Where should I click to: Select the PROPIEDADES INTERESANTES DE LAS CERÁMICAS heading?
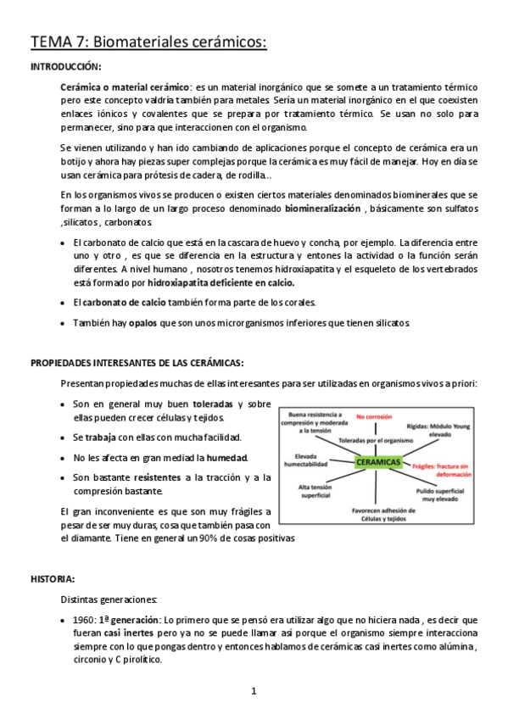click(x=137, y=362)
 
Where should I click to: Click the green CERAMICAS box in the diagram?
click(x=378, y=462)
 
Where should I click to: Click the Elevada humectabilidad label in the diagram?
click(x=299, y=460)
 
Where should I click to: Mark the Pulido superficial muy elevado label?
click(x=446, y=495)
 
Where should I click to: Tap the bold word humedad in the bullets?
click(x=228, y=458)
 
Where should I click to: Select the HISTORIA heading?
click(x=53, y=579)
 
